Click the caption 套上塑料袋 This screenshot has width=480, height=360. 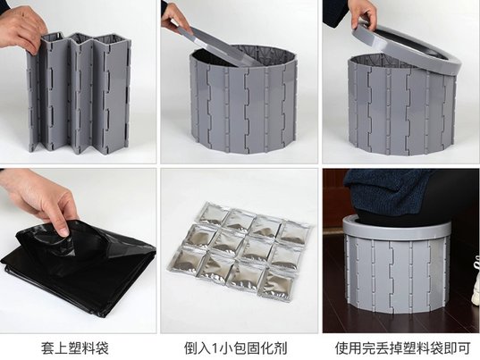(x=75, y=348)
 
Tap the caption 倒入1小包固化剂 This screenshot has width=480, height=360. (x=235, y=348)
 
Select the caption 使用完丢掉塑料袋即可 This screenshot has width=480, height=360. (x=402, y=348)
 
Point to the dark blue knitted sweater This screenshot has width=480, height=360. (x=389, y=189)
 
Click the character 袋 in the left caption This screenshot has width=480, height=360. (x=102, y=348)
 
